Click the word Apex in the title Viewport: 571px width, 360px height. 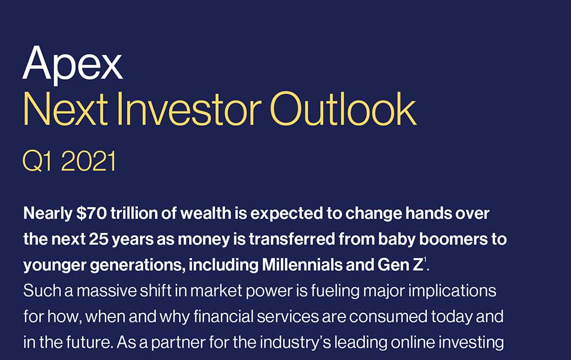[x=72, y=64]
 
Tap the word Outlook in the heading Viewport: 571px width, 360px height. [x=342, y=110]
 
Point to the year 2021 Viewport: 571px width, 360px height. [x=88, y=161]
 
